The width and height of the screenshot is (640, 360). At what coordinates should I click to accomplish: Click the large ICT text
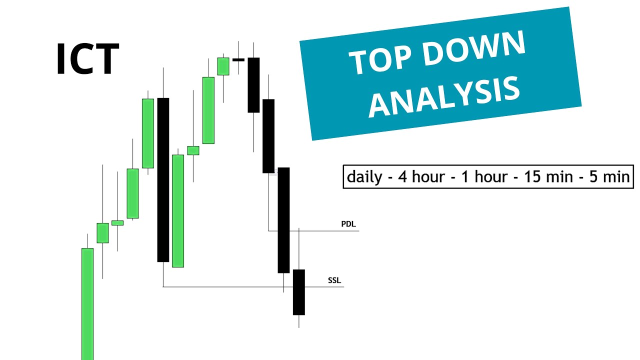pyautogui.click(x=87, y=59)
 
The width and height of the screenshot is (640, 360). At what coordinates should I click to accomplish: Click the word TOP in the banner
pyautogui.click(x=378, y=59)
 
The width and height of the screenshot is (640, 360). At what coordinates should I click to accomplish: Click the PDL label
pyautogui.click(x=348, y=224)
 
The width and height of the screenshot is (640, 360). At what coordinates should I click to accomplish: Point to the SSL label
pyautogui.click(x=334, y=280)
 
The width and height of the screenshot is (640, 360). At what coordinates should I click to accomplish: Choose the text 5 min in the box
pyautogui.click(x=609, y=177)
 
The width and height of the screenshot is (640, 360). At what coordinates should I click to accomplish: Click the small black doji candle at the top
pyautogui.click(x=238, y=60)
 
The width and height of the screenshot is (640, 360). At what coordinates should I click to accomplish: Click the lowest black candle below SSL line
pyautogui.click(x=299, y=292)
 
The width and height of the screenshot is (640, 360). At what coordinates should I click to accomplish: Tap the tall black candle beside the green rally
pyautogui.click(x=163, y=179)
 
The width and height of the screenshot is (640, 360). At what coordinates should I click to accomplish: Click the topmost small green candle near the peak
pyautogui.click(x=223, y=66)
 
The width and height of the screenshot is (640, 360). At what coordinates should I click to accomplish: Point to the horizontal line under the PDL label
pyautogui.click(x=320, y=230)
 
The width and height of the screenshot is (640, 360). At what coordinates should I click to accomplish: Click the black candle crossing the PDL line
pyautogui.click(x=283, y=220)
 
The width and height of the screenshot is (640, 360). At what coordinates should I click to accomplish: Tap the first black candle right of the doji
pyautogui.click(x=253, y=85)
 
